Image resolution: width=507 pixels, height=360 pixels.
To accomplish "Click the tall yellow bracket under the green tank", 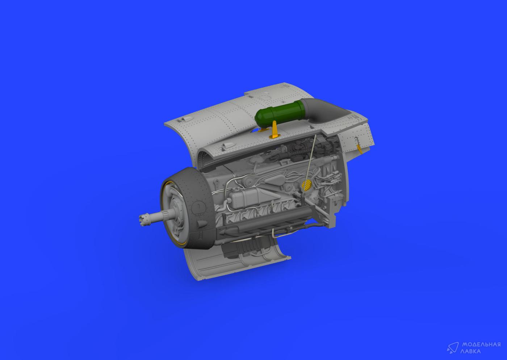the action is tap(275, 130).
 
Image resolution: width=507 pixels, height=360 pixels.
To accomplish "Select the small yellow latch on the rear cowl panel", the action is tap(359, 148).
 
